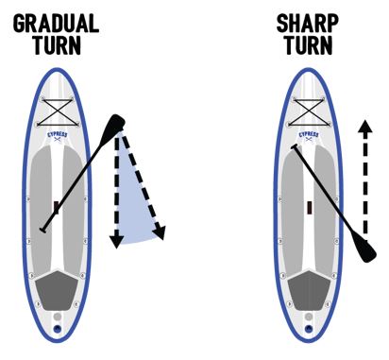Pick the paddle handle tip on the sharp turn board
point(296,147)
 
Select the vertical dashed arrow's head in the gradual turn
point(116,242)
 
